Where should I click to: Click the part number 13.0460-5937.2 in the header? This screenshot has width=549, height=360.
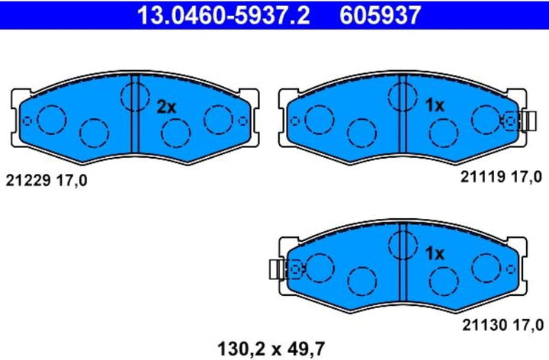pyautogui.click(x=223, y=15)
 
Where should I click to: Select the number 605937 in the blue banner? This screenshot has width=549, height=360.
pyautogui.click(x=380, y=15)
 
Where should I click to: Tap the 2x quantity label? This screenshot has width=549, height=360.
pyautogui.click(x=166, y=107)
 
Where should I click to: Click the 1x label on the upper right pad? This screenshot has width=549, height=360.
pyautogui.click(x=435, y=105)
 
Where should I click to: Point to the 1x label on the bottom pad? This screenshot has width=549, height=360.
pyautogui.click(x=435, y=253)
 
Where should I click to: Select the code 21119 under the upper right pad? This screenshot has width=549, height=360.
pyautogui.click(x=483, y=177)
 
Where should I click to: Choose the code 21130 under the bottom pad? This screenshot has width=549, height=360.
pyautogui.click(x=485, y=325)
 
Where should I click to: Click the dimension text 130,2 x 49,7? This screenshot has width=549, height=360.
pyautogui.click(x=271, y=349)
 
